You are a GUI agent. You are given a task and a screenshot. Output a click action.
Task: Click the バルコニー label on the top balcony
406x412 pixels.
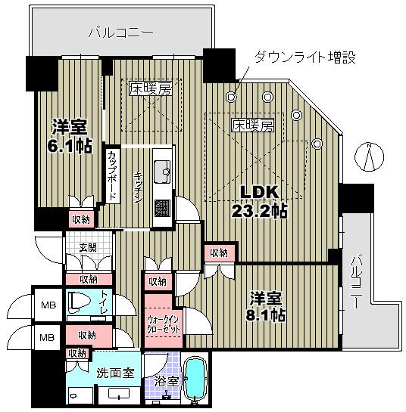[120, 33]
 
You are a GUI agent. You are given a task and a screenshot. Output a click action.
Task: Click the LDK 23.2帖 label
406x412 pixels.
[260, 201]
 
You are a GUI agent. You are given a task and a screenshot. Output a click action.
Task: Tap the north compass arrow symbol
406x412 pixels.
[369, 157]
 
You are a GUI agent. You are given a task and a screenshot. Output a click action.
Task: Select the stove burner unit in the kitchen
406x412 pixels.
[161, 206]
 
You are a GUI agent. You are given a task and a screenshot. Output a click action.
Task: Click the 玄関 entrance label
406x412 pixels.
[88, 247]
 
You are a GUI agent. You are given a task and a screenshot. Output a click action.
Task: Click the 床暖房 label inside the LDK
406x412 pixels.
[251, 125]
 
